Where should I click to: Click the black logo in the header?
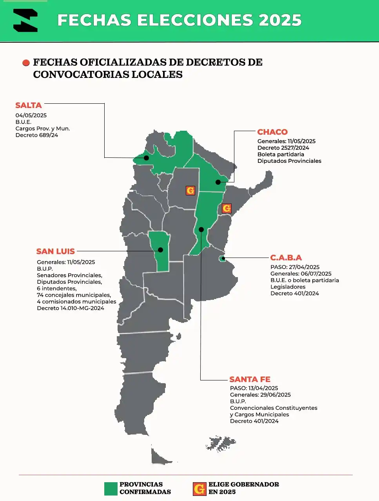coord(25,20)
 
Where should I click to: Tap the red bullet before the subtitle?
coord(26,63)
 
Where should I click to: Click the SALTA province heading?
coord(29,105)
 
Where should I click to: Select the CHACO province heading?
coord(272,132)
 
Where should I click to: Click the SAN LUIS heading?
coord(55,251)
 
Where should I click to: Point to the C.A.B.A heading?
coord(286,258)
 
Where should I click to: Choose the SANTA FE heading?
coord(250,379)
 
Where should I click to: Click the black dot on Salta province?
coord(146,158)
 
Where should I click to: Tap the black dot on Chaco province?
coord(218,182)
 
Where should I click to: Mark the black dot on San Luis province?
coord(160,250)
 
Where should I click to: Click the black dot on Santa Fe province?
coord(201,229)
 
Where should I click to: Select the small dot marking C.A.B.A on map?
coord(223,258)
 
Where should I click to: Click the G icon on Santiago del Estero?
coord(190,191)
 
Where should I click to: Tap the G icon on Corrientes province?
coord(227,208)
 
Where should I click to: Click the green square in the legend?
coord(111,488)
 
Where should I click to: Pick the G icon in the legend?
coord(199,488)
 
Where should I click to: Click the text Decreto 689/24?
coord(37,135)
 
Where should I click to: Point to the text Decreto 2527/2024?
coord(283,148)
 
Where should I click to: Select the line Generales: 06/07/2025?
coord(301,274)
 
